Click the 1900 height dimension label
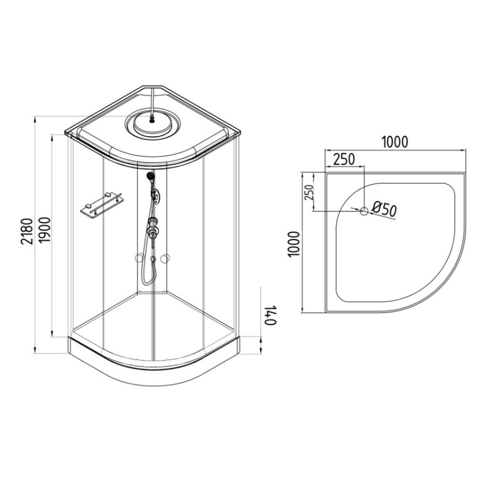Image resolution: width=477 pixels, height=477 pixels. (x=44, y=230)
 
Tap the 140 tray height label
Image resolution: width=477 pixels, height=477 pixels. (x=270, y=315)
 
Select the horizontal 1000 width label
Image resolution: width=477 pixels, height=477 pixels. (x=394, y=142)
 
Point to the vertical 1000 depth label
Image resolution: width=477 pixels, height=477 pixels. (x=294, y=244)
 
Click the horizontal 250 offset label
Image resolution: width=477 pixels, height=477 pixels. (x=344, y=159)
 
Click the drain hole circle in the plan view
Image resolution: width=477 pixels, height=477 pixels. (x=364, y=211)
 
